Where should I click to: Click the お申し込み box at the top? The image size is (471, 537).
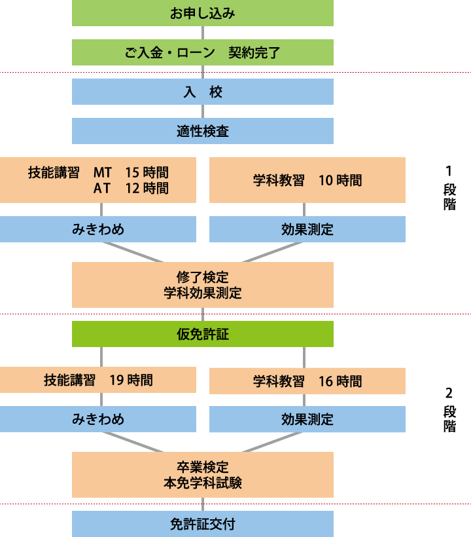point(202,13)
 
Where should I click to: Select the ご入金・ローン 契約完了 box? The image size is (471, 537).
point(202,52)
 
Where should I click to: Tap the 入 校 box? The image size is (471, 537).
point(202,92)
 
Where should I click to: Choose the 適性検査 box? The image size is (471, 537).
point(202,131)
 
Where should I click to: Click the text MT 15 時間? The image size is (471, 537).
point(131,173)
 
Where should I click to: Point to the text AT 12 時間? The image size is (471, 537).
point(131,189)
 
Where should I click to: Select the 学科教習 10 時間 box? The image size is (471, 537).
point(307,180)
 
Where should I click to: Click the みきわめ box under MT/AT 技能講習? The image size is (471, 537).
point(98,229)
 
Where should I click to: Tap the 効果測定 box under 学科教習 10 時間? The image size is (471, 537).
point(307,229)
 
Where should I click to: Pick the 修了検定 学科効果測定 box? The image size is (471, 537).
point(202,285)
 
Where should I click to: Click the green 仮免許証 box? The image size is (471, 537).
point(202,334)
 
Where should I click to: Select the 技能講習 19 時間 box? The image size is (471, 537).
point(98,380)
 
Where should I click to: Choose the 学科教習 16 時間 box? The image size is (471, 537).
point(307,380)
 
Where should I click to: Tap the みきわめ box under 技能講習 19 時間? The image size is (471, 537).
point(98,419)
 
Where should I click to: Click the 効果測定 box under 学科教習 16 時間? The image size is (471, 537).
point(307,419)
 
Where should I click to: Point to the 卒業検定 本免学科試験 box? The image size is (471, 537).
point(202,475)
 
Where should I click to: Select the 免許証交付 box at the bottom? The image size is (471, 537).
point(202,524)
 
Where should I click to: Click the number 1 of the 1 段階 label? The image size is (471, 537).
point(449,172)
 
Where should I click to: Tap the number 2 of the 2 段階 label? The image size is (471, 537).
point(449,394)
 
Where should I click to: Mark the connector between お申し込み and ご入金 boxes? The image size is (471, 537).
point(203,33)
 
